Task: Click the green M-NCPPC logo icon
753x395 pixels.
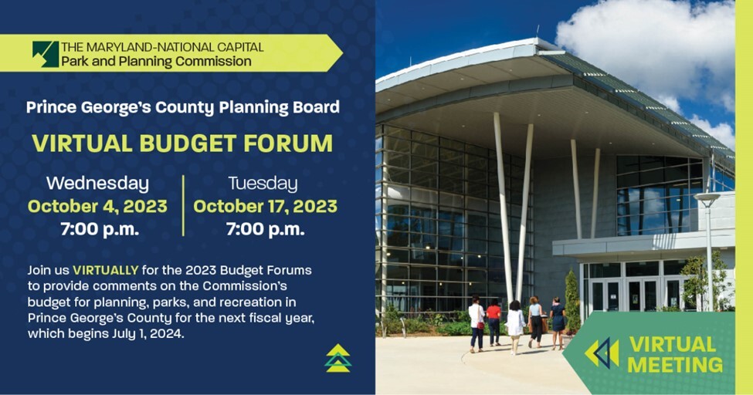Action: tap(46, 54)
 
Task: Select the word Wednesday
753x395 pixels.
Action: tap(97, 184)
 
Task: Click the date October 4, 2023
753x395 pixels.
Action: tap(97, 206)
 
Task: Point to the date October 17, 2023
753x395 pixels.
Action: tap(265, 206)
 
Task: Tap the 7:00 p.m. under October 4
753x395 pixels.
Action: tap(100, 229)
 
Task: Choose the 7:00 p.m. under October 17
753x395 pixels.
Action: tap(265, 229)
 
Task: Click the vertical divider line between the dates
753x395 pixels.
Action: tap(183, 205)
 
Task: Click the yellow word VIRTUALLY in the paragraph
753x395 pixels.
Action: tap(106, 270)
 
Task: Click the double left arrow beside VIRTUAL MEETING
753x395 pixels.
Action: tap(602, 353)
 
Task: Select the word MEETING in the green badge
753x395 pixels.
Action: tap(675, 364)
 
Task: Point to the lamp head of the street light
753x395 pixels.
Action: tap(706, 199)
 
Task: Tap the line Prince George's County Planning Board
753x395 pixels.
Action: tap(182, 107)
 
